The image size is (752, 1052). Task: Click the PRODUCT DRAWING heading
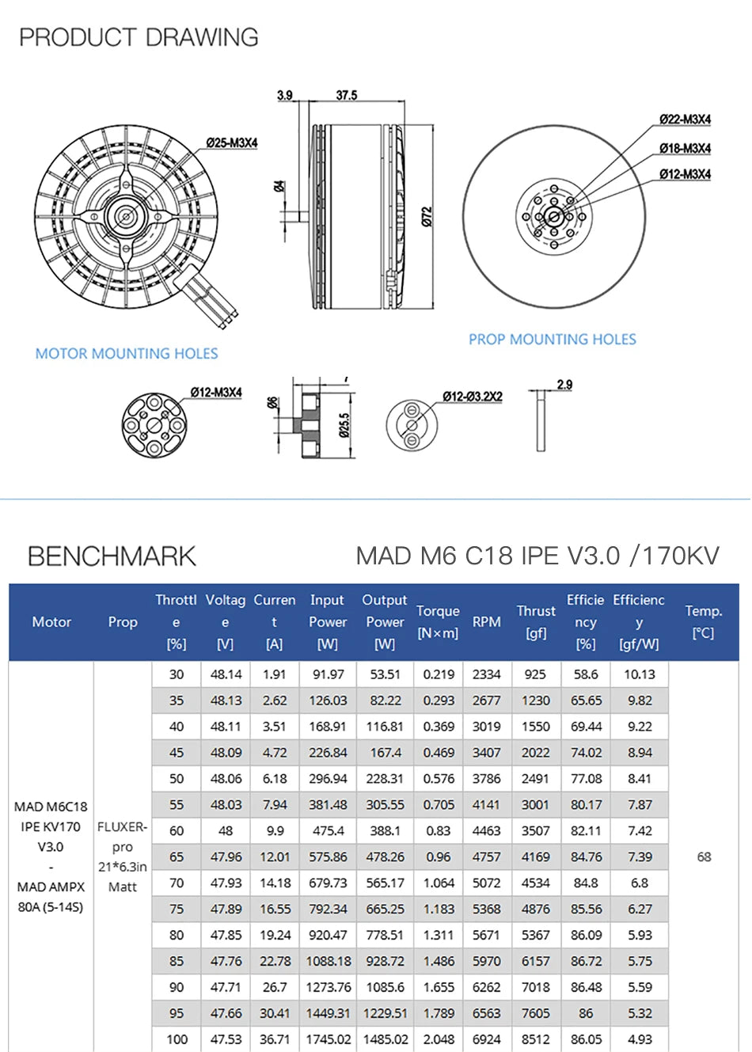139,37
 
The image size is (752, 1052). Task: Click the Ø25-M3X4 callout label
232,142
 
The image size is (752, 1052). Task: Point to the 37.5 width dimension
347,95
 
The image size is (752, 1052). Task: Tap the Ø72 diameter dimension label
427,216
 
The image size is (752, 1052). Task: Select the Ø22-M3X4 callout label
685,120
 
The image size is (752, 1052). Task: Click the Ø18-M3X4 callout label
685,148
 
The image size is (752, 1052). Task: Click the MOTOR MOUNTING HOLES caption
127,354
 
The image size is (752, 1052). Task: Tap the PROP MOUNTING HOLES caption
552,340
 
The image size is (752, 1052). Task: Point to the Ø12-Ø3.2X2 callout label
472,396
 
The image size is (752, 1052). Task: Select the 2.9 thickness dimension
564,385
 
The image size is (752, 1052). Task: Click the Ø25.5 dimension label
344,424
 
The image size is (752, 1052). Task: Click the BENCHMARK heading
112,556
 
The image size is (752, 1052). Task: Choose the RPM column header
486,622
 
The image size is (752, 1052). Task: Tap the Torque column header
438,621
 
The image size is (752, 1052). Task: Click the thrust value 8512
535,1039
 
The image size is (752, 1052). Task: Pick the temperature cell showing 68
704,856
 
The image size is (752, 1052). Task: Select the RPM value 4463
486,830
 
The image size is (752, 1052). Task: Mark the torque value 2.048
439,1039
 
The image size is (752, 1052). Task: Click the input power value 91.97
328,674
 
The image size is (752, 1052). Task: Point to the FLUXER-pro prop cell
122,856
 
